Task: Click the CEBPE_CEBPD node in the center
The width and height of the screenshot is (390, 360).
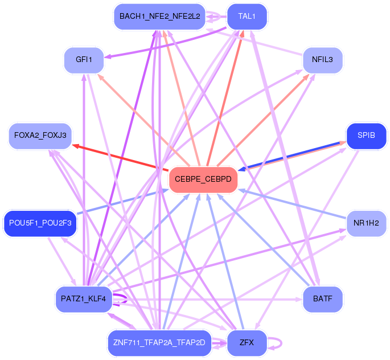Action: tap(203, 179)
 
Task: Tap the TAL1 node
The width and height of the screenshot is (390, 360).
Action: tap(247, 17)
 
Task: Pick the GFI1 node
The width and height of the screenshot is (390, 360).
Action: tap(84, 59)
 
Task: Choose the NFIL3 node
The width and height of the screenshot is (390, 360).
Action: tap(322, 59)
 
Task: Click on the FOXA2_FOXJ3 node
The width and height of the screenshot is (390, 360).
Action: tap(40, 136)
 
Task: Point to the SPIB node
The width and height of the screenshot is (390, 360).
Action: tap(366, 136)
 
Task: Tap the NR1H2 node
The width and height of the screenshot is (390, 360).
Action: tap(366, 223)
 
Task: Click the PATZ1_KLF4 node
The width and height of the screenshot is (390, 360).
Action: tap(84, 299)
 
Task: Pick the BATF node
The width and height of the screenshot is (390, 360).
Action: tap(322, 299)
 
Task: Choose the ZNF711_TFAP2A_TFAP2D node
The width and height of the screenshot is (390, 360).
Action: tap(159, 343)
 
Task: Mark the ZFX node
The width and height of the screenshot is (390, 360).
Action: tap(247, 343)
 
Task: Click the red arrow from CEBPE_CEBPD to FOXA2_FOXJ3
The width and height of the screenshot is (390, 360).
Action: tap(120, 157)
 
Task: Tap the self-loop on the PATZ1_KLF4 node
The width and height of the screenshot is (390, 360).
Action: tap(123, 297)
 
